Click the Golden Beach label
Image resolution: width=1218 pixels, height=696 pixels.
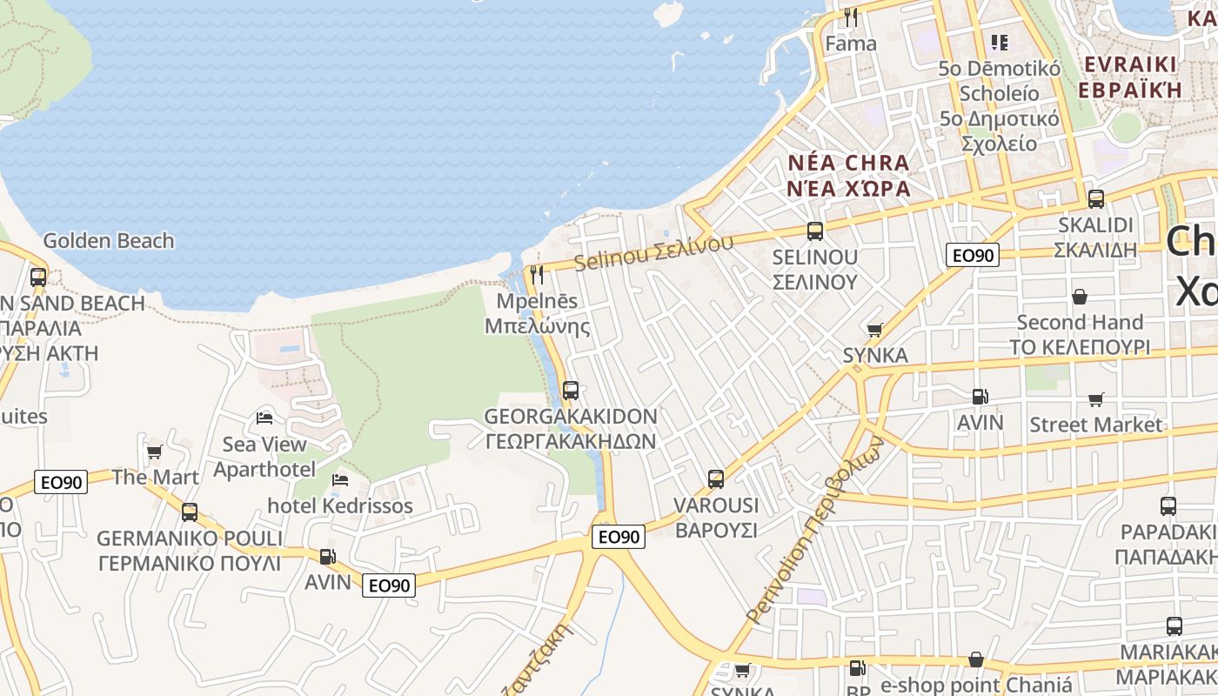coord(109,241)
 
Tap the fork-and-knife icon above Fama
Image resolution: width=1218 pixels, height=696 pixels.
coord(851,17)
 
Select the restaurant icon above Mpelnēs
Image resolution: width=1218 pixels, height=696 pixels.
coord(537,275)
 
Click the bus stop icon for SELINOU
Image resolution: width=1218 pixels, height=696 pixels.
coord(815,231)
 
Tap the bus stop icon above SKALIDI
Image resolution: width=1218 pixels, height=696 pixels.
coord(1096,198)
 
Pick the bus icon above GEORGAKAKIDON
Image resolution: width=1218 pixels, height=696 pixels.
coord(571,390)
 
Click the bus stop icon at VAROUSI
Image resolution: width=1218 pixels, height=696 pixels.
coord(716,478)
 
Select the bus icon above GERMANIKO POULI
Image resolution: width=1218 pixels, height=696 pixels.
coord(190,512)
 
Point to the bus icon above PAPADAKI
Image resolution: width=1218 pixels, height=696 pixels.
coord(1168,505)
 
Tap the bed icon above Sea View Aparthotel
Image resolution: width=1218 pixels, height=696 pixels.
coord(264,418)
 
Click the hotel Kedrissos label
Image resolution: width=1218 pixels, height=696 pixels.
coord(340,505)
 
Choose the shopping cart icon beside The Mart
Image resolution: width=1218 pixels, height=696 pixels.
coord(155,452)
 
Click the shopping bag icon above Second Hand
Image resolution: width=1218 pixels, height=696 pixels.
coord(1080,297)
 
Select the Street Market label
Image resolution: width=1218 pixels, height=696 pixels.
coord(1096,425)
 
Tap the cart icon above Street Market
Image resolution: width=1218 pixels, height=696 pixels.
coord(1096,399)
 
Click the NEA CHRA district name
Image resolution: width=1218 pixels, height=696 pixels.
coord(848,175)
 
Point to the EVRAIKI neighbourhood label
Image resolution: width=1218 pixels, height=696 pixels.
coord(1129,76)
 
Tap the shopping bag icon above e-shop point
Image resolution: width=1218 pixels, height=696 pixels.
coord(976,659)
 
